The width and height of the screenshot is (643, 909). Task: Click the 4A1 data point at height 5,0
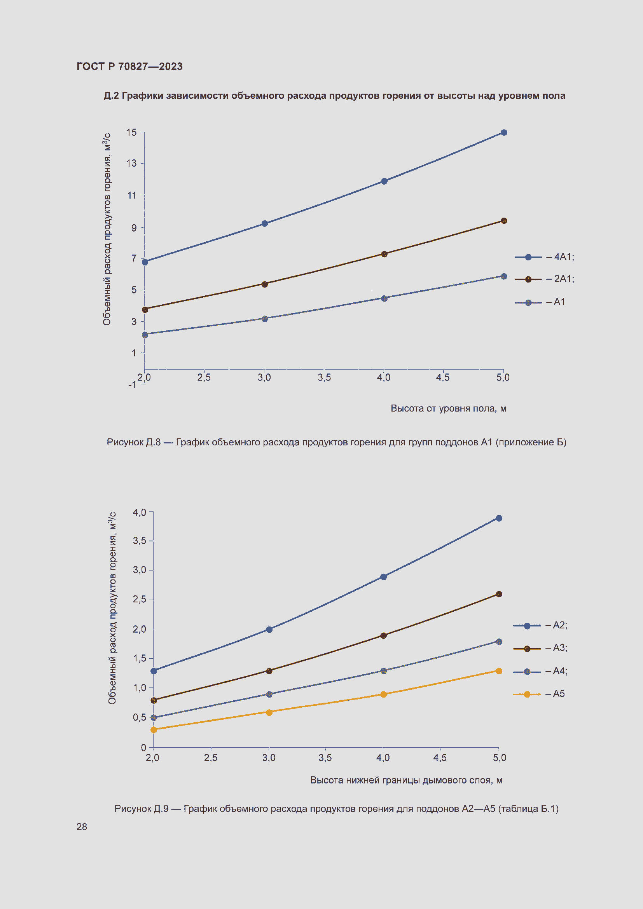tap(503, 133)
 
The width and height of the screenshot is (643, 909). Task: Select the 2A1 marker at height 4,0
tap(384, 254)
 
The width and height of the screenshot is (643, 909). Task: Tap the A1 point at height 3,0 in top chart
tap(265, 319)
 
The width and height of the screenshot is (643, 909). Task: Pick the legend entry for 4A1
tap(544, 257)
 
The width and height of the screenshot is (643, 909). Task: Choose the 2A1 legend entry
tap(544, 279)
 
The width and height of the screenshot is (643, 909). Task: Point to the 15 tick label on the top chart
tap(132, 133)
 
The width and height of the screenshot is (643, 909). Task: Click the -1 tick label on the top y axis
tap(132, 385)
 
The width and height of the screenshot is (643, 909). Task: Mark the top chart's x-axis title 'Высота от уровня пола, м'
tap(448, 408)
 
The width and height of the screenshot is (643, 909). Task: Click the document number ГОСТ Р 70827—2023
tap(129, 66)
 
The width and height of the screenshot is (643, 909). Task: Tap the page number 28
tap(82, 827)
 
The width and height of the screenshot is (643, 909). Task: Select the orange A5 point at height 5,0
tap(499, 671)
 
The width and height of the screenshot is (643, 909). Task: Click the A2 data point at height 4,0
tap(383, 577)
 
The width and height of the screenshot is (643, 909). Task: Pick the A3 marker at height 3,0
tap(269, 671)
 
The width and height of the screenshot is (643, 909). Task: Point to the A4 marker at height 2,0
tap(154, 717)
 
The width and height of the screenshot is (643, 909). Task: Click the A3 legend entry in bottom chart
tap(540, 648)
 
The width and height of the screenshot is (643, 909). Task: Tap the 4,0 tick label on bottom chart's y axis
tap(140, 513)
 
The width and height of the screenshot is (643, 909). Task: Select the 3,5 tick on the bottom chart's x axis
tap(325, 758)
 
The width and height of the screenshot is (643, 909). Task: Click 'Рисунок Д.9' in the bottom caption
tap(142, 808)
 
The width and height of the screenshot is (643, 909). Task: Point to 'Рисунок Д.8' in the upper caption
tap(133, 442)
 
